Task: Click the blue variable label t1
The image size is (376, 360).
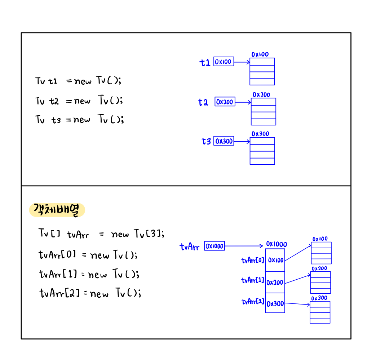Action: pyautogui.click(x=205, y=63)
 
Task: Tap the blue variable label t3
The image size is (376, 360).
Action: pyautogui.click(x=206, y=141)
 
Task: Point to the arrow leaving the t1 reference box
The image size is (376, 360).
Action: pyautogui.click(x=242, y=62)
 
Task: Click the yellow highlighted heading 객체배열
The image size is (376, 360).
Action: pyautogui.click(x=57, y=210)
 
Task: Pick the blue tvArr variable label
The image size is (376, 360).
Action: pyautogui.click(x=189, y=247)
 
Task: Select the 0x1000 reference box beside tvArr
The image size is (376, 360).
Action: pyautogui.click(x=214, y=246)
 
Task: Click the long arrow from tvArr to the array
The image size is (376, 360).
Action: pyautogui.click(x=243, y=246)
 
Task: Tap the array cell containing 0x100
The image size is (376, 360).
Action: pyautogui.click(x=275, y=260)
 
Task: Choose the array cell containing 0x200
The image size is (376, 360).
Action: pyautogui.click(x=275, y=283)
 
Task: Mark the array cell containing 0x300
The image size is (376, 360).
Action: pyautogui.click(x=275, y=303)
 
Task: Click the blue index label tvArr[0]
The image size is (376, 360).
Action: pyautogui.click(x=253, y=260)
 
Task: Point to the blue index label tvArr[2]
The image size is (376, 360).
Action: pyautogui.click(x=253, y=302)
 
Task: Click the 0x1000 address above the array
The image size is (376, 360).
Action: pyautogui.click(x=277, y=244)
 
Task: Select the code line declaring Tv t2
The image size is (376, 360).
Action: pyautogui.click(x=79, y=101)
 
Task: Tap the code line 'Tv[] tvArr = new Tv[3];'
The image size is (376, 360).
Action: pyautogui.click(x=101, y=234)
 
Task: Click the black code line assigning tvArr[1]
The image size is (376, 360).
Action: pyautogui.click(x=89, y=274)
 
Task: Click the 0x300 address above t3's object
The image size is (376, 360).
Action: pyautogui.click(x=260, y=134)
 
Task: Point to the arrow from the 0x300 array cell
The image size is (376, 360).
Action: pyautogui.click(x=297, y=304)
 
